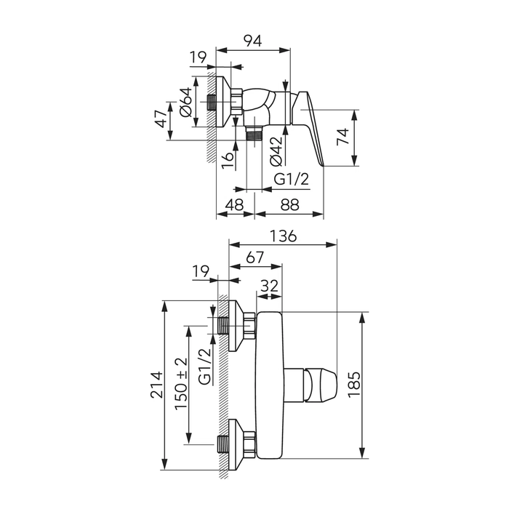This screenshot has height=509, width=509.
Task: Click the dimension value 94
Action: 252,41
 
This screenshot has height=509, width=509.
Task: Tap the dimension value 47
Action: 161,119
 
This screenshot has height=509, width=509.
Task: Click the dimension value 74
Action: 342,137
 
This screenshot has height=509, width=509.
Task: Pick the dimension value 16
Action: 228,161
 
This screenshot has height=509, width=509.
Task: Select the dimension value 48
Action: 234,204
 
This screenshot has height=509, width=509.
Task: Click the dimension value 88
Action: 289,204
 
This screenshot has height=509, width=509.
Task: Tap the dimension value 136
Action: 283,236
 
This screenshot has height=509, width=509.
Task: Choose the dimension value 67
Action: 254,257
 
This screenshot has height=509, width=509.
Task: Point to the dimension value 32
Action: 270,286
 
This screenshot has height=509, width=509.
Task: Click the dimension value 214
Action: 156,385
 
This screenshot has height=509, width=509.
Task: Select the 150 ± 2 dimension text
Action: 181,384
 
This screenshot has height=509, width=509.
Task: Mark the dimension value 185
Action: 354,385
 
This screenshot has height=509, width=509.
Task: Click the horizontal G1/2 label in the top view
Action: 292,179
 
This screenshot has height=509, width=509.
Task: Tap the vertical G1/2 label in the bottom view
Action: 205,366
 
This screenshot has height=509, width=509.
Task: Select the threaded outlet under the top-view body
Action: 254,134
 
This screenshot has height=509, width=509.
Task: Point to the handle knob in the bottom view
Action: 321,385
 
